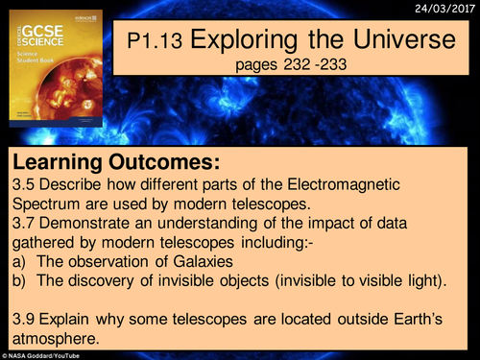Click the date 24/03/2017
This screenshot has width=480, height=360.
444,8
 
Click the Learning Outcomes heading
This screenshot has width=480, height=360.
114,161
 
